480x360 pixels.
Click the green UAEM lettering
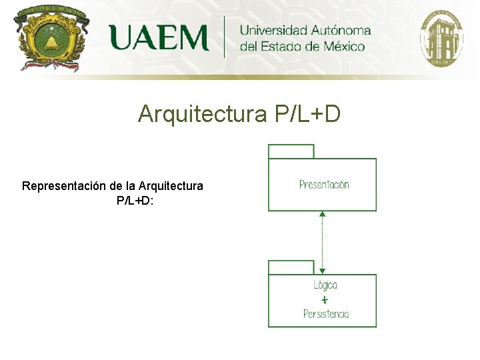pos(159,37)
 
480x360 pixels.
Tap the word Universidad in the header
pos(273,30)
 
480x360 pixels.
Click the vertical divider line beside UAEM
pos(224,37)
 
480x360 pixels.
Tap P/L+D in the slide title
pos(307,114)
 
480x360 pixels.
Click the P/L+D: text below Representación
pos(135,199)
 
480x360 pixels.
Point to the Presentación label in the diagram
pos(324,185)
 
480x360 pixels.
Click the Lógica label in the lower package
pos(325,285)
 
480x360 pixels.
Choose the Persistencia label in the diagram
pos(325,314)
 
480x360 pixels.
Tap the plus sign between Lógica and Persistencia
pos(325,300)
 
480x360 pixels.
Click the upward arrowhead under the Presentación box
pos(322,214)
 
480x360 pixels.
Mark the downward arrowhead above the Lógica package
pos(322,271)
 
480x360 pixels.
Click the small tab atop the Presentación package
pos(291,151)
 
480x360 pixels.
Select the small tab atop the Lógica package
pos(291,267)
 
